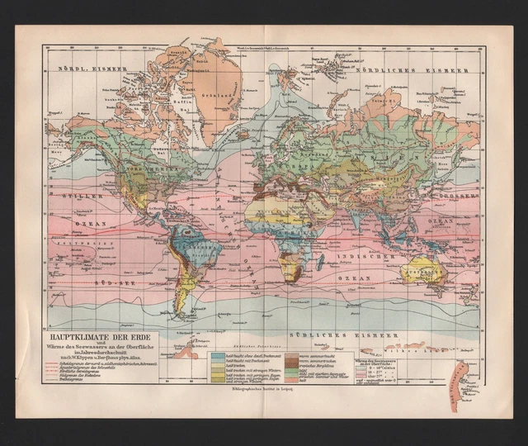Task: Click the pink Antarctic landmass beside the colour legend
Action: (457, 380)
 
